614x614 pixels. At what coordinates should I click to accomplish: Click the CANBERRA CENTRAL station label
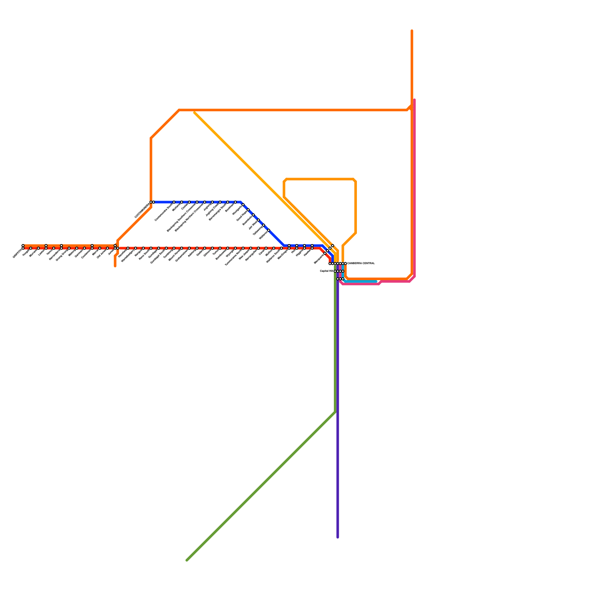[361, 264]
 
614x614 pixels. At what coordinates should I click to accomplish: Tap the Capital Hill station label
[327, 271]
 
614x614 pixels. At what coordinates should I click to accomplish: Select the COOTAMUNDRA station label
[142, 211]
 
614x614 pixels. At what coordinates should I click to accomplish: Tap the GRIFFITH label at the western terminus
[18, 254]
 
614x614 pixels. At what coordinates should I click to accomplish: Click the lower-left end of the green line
[187, 560]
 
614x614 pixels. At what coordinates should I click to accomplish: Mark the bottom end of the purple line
[338, 537]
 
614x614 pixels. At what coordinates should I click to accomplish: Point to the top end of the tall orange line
[412, 30]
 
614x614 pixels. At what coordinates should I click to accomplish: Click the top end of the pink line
[414, 100]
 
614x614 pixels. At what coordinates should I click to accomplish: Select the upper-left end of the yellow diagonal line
[195, 112]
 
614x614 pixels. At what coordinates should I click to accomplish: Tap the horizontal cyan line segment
[361, 282]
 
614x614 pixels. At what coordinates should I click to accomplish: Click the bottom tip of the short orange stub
[115, 266]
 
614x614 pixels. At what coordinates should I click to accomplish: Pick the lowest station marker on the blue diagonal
[269, 230]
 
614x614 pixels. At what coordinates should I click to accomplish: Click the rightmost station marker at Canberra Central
[345, 264]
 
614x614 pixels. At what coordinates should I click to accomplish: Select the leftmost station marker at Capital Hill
[335, 271]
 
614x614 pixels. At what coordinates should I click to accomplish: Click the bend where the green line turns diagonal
[335, 412]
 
